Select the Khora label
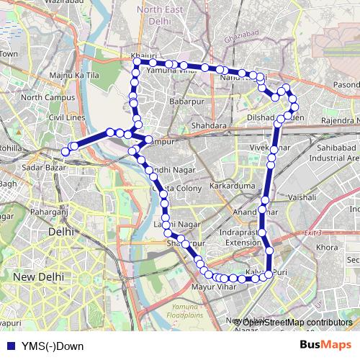pos(328,247)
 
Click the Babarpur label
pos(189,102)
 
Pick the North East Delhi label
pos(160,16)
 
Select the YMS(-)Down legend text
pos(53,346)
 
